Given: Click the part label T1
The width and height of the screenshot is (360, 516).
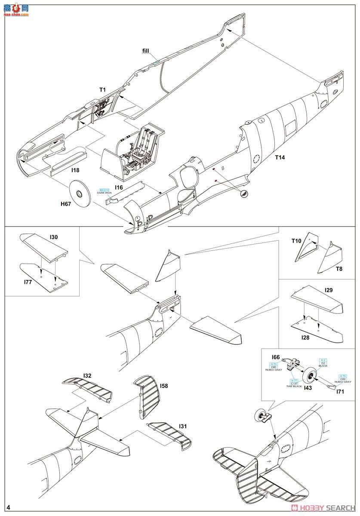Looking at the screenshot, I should (x=102, y=90).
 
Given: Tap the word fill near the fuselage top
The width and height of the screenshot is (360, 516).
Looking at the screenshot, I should (x=148, y=51).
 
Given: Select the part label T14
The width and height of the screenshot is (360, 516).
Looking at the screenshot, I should (x=280, y=157).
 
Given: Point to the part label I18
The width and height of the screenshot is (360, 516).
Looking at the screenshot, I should (x=75, y=170).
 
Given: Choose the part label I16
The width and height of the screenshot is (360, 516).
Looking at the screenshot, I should (x=119, y=187).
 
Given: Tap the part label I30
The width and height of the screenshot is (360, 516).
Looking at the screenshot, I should (x=54, y=237).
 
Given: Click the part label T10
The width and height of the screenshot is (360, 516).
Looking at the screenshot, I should (x=296, y=241).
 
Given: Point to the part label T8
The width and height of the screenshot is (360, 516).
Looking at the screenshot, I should (x=339, y=269).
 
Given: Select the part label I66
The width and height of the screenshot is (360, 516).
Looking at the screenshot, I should (x=276, y=357).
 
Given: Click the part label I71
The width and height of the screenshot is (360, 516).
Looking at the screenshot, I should (x=340, y=391).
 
